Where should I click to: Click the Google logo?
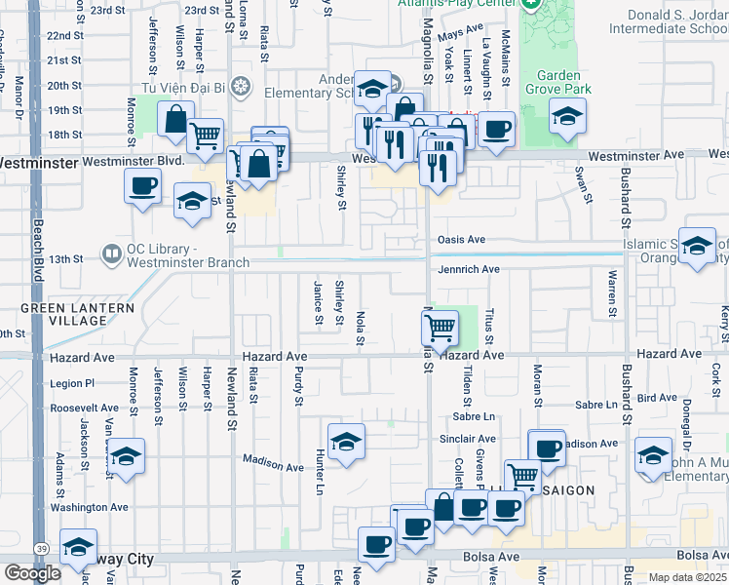click(32, 573)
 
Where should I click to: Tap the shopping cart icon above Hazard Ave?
click(441, 329)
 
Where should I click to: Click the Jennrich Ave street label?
click(468, 269)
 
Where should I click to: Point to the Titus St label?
click(490, 326)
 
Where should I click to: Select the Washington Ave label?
click(89, 507)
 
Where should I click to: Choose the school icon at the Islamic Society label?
click(697, 248)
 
